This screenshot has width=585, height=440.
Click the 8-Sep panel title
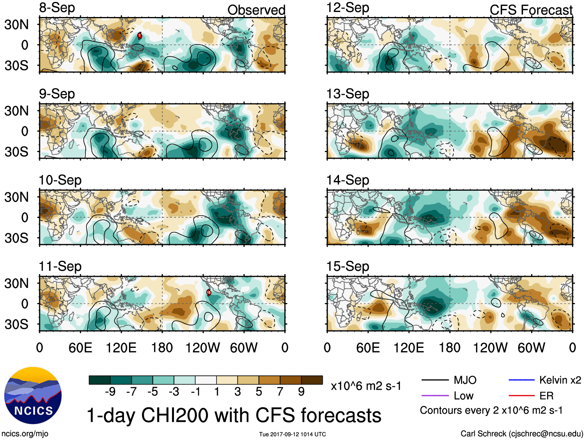tap(57, 8)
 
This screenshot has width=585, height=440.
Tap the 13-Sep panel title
tap(348, 94)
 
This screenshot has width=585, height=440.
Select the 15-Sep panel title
tap(348, 266)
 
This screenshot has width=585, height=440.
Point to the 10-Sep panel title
tap(60, 180)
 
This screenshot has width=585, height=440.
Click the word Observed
tap(256, 10)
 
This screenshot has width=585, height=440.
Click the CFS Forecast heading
tap(531, 10)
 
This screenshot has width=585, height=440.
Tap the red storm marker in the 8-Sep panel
tap(140, 36)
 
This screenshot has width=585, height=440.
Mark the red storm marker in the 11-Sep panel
tap(208, 292)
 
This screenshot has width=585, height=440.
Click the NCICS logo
tap(33, 395)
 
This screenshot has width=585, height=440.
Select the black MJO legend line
tap(435, 380)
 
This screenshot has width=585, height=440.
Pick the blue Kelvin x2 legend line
tap(521, 380)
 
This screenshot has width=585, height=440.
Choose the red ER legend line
tap(521, 395)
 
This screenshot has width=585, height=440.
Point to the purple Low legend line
tap(435, 395)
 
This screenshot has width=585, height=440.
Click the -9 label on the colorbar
tap(110, 392)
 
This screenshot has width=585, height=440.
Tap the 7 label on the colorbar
tap(280, 392)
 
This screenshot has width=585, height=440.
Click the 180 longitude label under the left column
tap(162, 348)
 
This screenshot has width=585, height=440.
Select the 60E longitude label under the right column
tap(368, 348)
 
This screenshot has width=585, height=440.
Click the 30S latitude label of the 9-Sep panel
tap(16, 152)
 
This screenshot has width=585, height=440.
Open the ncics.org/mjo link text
tap(25, 434)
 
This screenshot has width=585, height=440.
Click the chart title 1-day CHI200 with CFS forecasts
tap(234, 415)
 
